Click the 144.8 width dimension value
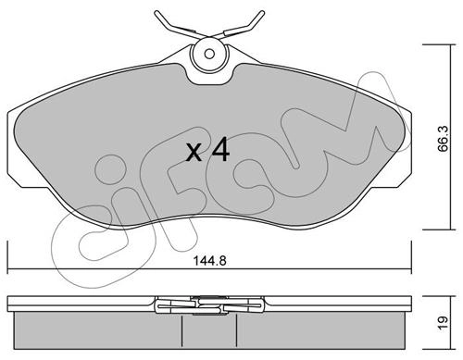[209, 261]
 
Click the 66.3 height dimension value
[444, 139]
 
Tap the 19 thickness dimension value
[443, 323]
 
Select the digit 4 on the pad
[220, 150]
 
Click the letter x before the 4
[194, 154]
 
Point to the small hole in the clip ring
[209, 54]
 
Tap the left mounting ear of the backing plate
[15, 148]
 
